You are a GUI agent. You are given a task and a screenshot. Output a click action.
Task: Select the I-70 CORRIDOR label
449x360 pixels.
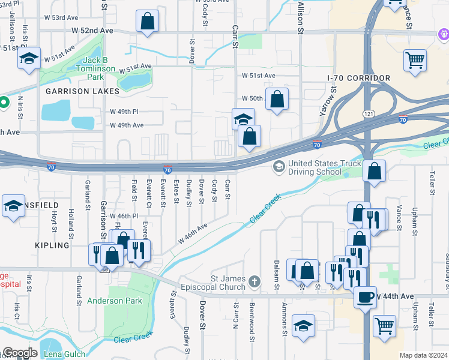click(359, 79)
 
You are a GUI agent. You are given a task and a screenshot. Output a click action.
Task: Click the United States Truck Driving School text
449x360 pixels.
click(325, 167)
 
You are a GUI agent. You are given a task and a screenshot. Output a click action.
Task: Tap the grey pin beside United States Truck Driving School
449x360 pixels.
click(279, 166)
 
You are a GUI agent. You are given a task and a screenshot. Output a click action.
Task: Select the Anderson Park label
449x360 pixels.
click(114, 301)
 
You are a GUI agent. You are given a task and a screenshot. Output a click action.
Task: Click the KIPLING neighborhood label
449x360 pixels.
click(52, 245)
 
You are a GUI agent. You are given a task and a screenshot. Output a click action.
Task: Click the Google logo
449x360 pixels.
click(19, 353)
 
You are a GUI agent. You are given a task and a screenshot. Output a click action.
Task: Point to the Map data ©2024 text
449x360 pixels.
click(423, 355)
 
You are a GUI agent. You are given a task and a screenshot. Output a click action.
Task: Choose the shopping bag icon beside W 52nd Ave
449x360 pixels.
click(147, 22)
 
